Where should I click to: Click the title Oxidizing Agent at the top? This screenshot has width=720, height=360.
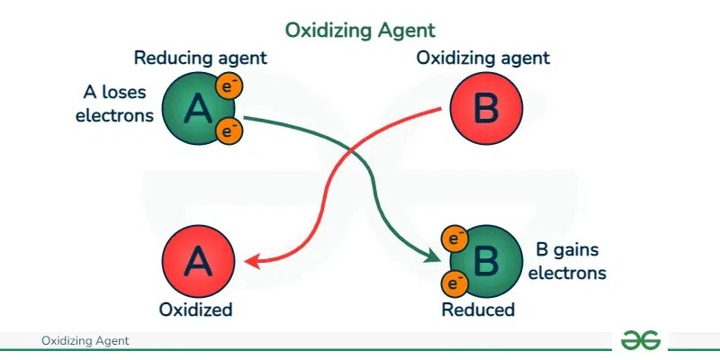point(360,30)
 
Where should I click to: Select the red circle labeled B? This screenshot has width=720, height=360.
point(484,109)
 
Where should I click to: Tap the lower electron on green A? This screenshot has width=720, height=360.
point(231,132)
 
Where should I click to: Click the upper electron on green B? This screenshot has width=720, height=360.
point(454,239)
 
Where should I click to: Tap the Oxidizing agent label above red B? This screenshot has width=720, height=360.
point(482,58)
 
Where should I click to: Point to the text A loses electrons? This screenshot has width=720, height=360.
point(114,103)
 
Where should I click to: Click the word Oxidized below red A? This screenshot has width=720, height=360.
point(196,310)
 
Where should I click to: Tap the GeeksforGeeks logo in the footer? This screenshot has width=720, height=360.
point(640,340)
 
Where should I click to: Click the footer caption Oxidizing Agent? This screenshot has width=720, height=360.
point(85,341)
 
